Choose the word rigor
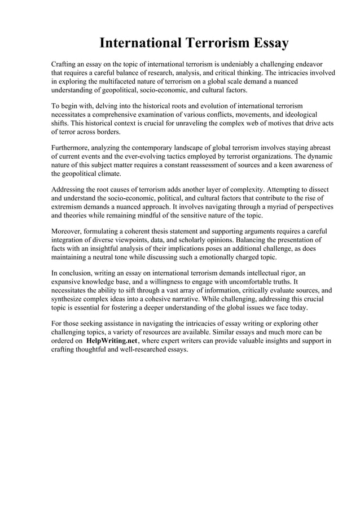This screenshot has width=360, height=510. [285, 273]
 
